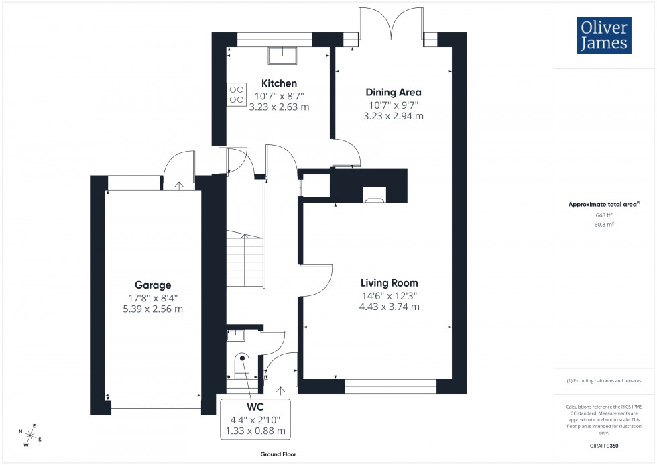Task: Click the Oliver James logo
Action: [x=603, y=35]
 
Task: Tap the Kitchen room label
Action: [x=279, y=83]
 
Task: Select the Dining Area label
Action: [x=393, y=92]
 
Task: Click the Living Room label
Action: [x=389, y=283]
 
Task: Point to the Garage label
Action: [x=152, y=285]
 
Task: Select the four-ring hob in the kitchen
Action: [x=236, y=93]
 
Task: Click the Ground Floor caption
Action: [x=278, y=454]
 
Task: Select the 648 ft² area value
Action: [x=604, y=215]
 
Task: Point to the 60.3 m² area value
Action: [x=604, y=225]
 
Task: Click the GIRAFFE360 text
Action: [x=604, y=445]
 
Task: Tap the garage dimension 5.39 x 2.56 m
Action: [x=152, y=309]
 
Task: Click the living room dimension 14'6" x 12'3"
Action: [x=389, y=295]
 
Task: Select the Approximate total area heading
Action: [x=603, y=204]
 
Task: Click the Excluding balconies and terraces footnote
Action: [x=604, y=380]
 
